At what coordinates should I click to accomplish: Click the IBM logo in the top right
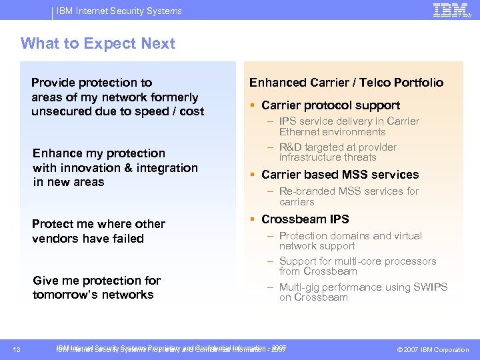click(x=451, y=10)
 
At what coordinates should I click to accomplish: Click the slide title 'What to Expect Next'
click(x=97, y=44)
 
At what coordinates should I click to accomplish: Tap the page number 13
click(x=17, y=350)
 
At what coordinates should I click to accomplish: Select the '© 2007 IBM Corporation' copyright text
click(x=433, y=350)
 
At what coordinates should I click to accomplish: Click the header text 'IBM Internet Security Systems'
click(x=119, y=11)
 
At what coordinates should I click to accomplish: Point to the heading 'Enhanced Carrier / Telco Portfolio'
click(x=346, y=83)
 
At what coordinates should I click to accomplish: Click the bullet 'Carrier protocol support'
click(x=331, y=105)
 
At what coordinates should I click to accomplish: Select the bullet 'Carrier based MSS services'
click(x=340, y=175)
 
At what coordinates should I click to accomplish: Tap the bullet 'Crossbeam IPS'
click(x=305, y=219)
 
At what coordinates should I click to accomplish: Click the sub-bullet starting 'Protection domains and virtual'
click(x=341, y=236)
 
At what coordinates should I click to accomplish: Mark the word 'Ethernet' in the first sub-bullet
click(x=301, y=132)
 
